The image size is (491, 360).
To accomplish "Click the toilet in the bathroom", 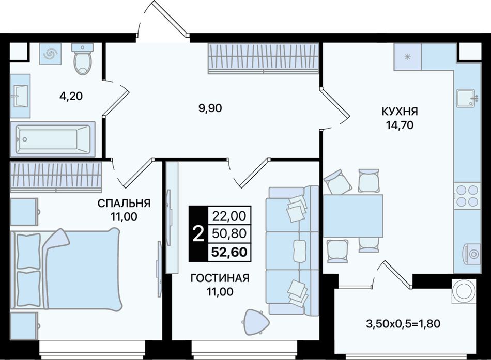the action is tap(83, 58).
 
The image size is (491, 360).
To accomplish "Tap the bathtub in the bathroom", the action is tap(52, 139).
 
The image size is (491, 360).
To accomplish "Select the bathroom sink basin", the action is tap(20, 96).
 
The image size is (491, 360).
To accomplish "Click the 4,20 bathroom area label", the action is tap(71, 96).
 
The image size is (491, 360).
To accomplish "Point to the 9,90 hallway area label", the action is tap(210, 108).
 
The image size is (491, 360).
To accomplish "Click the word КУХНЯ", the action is tap(400, 111).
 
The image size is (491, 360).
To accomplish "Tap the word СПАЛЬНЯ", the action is tap(124, 203).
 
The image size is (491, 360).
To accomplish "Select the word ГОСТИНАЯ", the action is tap(220, 278).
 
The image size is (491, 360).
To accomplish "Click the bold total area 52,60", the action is tap(229, 252).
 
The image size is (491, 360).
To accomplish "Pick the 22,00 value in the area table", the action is tap(229, 216).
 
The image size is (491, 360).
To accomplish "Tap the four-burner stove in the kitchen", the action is tap(467, 196).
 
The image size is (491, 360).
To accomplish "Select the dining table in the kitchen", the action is tap(353, 216).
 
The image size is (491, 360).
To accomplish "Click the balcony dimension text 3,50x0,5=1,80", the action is tap(403, 323).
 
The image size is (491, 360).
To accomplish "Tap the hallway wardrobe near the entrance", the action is tap(264, 58).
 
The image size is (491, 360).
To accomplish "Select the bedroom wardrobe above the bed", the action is tap(56, 177).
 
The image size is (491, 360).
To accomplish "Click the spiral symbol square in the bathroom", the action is tap(51, 54).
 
